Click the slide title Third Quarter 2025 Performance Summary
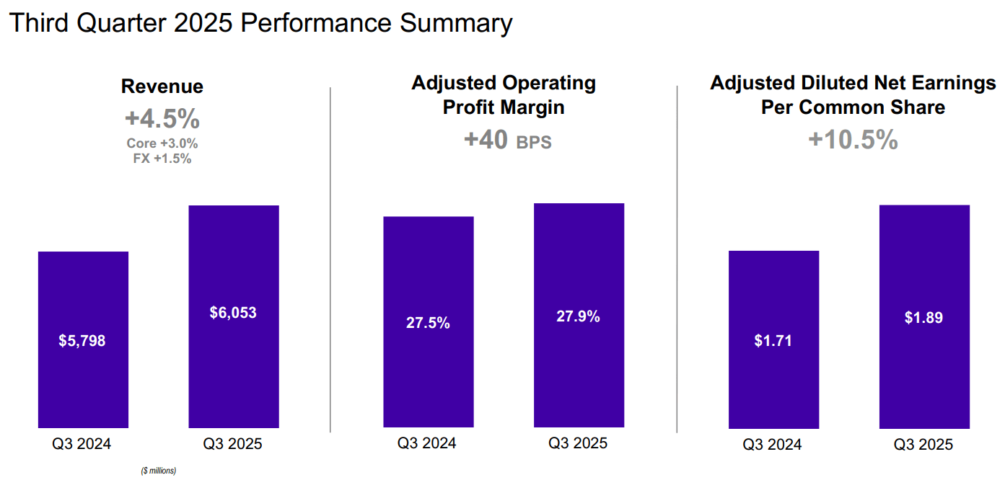click(260, 23)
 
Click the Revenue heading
click(162, 86)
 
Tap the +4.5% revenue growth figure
click(162, 118)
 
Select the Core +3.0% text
click(162, 143)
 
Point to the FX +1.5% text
click(162, 159)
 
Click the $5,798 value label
click(82, 341)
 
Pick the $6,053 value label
click(233, 313)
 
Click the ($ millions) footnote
click(158, 471)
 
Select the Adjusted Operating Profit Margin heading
click(504, 94)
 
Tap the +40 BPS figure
click(507, 140)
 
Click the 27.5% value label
click(428, 323)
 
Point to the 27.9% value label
click(578, 316)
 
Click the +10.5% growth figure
click(853, 140)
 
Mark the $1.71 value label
click(773, 341)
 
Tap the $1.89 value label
click(923, 318)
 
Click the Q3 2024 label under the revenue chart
click(82, 444)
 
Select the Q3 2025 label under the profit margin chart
click(578, 443)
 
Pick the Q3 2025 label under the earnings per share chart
click(923, 445)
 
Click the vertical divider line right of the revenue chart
click(330, 259)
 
